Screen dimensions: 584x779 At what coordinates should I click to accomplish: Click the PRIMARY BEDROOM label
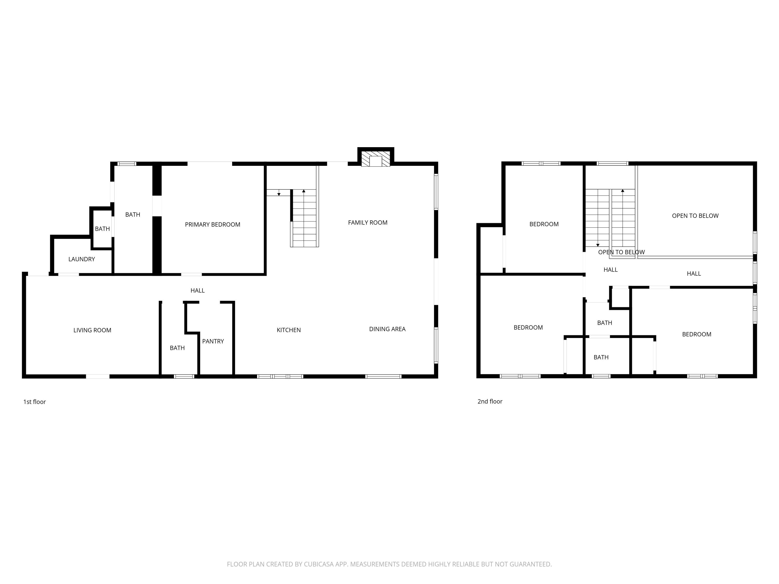click(212, 225)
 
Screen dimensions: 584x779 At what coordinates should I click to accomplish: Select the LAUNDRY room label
click(81, 259)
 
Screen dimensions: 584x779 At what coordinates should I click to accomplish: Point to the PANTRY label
click(213, 341)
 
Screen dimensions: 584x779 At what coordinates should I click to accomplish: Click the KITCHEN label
click(288, 330)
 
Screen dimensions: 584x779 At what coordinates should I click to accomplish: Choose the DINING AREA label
click(387, 329)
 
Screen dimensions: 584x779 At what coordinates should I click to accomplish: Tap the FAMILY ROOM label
click(367, 222)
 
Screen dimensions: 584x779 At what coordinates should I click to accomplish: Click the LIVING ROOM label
click(92, 330)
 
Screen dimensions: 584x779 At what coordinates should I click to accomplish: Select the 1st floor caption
click(35, 402)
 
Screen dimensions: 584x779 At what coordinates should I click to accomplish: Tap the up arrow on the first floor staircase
click(304, 191)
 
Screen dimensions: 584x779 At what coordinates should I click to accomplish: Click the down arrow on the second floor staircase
click(598, 245)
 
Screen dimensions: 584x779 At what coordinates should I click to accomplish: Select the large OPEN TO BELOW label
click(695, 216)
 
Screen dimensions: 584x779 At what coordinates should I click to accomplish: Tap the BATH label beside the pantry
click(177, 348)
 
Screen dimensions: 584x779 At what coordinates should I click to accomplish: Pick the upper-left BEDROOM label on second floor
click(544, 224)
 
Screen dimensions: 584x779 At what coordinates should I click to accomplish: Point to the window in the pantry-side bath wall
click(184, 376)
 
